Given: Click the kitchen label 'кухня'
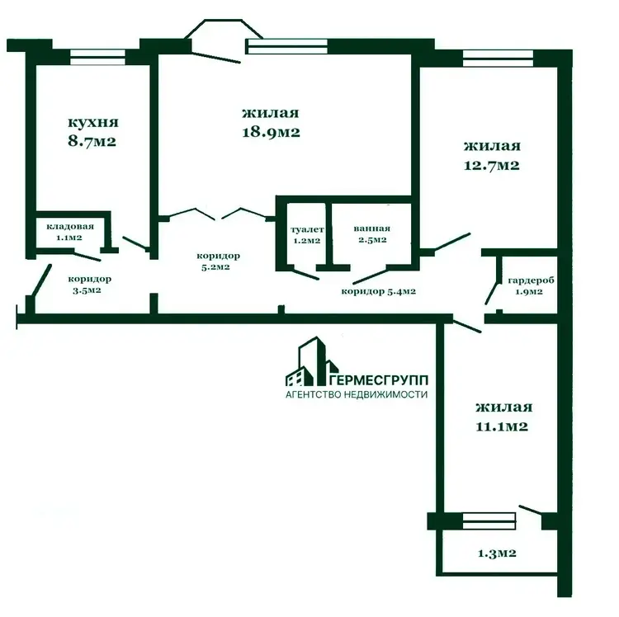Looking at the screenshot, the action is (93, 122).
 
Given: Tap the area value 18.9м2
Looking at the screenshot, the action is (271, 132).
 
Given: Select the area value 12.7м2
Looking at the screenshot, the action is (492, 165).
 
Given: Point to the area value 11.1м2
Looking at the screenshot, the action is (502, 426).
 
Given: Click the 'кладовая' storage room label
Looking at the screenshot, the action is (70, 227).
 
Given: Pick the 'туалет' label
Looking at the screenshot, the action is (307, 229).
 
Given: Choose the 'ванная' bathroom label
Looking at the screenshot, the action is (372, 228).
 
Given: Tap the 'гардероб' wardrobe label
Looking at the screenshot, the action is (531, 280).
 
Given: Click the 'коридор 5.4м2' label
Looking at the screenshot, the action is (378, 291).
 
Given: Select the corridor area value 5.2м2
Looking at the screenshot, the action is (215, 267).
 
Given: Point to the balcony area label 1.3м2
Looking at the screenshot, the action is (497, 553).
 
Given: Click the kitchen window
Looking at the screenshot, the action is (98, 57).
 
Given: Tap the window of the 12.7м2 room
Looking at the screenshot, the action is (498, 59).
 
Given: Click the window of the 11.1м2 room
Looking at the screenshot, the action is (489, 520).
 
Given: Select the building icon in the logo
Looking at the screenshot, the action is (312, 361).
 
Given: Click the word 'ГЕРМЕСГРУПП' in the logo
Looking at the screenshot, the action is (379, 380).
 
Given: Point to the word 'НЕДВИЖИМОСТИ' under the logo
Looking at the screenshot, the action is (385, 394).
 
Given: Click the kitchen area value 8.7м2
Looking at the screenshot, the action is (92, 141).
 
